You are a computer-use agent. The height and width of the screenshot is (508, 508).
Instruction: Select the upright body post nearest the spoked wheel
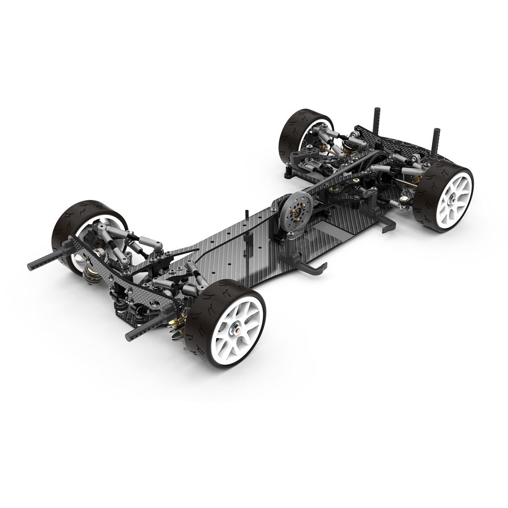click(437, 144)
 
